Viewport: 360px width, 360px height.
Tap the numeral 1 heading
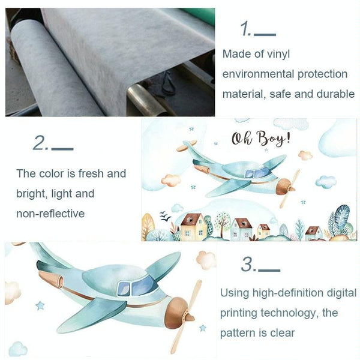[x=245, y=29]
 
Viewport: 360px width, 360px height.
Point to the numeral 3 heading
[x=248, y=264]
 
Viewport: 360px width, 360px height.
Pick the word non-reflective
[x=50, y=214]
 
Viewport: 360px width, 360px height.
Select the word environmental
[x=259, y=74]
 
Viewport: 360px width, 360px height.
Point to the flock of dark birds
[x=166, y=216]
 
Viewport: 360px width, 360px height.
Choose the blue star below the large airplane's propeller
[x=203, y=328]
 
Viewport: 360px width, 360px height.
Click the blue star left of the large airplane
[x=40, y=306]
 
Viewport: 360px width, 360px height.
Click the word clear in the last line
[x=283, y=333]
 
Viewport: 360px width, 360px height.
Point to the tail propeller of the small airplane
[x=187, y=146]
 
